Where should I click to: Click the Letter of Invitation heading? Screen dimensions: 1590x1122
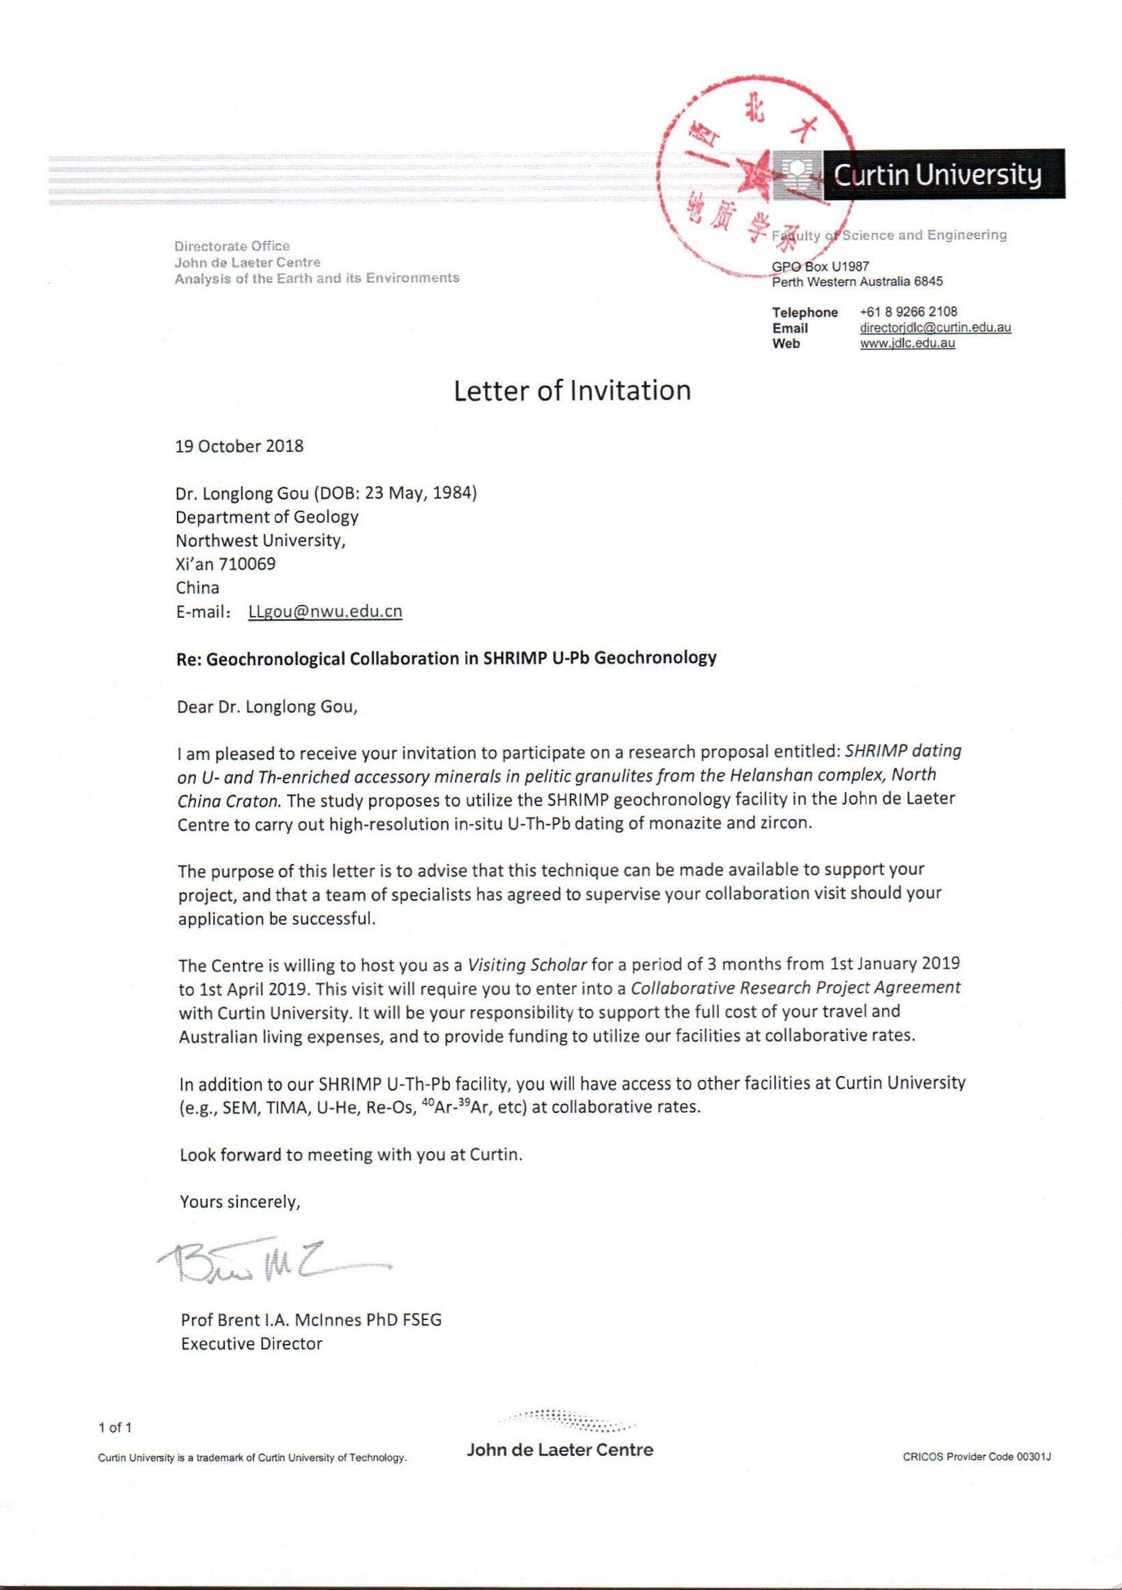click(572, 391)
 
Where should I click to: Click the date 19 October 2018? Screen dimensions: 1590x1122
click(238, 446)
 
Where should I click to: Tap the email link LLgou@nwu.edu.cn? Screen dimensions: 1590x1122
click(325, 612)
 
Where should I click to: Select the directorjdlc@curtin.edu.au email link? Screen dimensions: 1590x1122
click(935, 327)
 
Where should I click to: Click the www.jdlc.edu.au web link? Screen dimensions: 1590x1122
click(907, 342)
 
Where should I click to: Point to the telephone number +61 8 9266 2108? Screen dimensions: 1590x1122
click(908, 312)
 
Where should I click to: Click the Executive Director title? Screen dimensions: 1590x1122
click(251, 1344)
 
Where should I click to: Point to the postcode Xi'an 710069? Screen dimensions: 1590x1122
click(225, 564)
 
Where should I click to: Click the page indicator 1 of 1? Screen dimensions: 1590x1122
click(115, 1427)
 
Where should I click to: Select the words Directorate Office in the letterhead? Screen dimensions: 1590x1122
click(232, 246)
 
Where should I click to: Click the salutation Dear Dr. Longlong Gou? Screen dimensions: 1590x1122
click(267, 707)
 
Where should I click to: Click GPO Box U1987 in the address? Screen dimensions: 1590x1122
click(820, 266)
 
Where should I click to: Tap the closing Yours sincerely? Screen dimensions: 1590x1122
click(239, 1202)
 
